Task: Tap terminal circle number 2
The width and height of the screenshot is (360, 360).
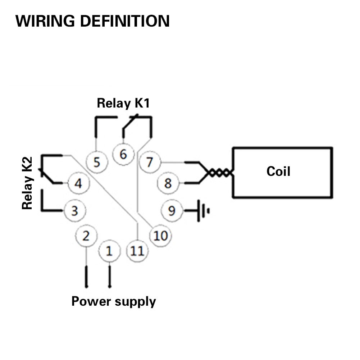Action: pyautogui.click(x=86, y=236)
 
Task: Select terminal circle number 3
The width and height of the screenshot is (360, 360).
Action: pyautogui.click(x=74, y=210)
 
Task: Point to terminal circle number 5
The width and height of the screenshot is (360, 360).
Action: pyautogui.click(x=97, y=162)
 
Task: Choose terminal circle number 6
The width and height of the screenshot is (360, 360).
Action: pyautogui.click(x=123, y=154)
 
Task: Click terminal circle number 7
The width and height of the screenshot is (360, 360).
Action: pyautogui.click(x=149, y=162)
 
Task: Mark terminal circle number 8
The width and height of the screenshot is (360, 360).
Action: pyautogui.click(x=168, y=183)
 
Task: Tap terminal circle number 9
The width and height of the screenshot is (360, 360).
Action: pyautogui.click(x=172, y=210)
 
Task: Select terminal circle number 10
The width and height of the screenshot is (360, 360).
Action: pyautogui.click(x=160, y=236)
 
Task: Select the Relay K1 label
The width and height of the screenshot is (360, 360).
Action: pyautogui.click(x=123, y=104)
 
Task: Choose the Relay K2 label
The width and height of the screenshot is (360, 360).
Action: pyautogui.click(x=27, y=183)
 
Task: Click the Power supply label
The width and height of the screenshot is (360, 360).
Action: pyautogui.click(x=114, y=301)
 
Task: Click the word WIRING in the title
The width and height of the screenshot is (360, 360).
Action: pyautogui.click(x=46, y=21)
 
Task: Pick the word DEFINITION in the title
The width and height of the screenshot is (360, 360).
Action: pyautogui.click(x=124, y=21)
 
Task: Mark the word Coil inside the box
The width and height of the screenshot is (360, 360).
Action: pyautogui.click(x=278, y=171)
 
